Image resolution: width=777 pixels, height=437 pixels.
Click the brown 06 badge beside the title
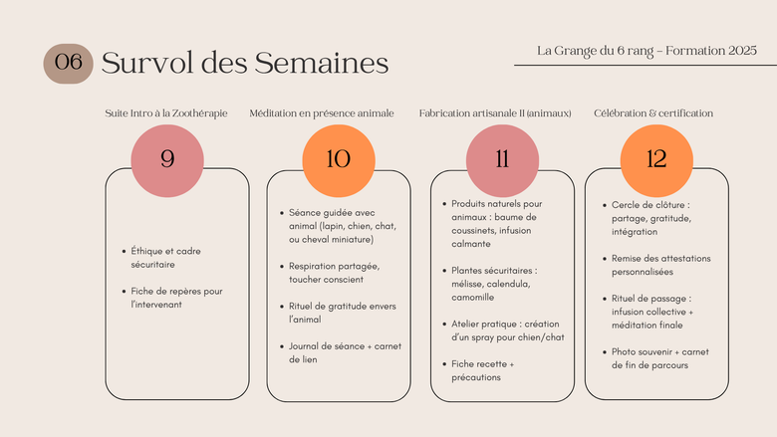tap(69, 64)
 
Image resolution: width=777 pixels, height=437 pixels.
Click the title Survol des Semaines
tap(245, 63)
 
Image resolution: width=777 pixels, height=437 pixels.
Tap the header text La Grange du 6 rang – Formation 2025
tap(647, 51)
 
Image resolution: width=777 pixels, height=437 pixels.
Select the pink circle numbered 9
tap(167, 161)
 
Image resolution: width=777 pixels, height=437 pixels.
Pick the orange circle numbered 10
tap(339, 161)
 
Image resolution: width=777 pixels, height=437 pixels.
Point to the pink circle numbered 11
tap(502, 161)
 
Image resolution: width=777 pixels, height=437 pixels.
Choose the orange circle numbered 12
tap(656, 161)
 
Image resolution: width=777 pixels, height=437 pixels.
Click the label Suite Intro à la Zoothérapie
tap(166, 113)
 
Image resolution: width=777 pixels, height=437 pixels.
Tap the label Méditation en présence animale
tap(322, 113)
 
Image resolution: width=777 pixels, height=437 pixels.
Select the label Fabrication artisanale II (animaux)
tap(495, 113)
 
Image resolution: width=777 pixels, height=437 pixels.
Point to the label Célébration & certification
tap(653, 113)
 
